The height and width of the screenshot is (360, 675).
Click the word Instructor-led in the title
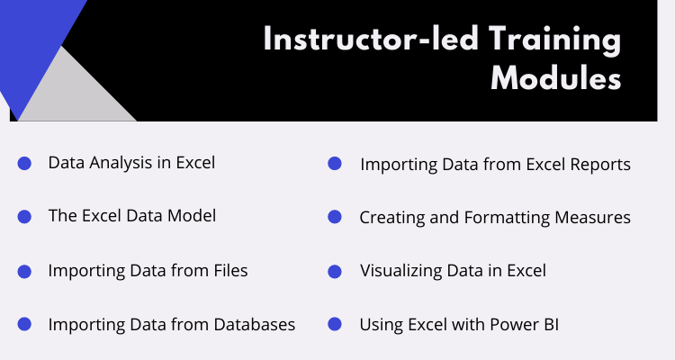coord(371,39)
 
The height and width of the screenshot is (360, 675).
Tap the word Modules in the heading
coord(556,78)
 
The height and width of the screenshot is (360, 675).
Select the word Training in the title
coord(555,40)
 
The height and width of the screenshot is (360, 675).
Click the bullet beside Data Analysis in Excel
coord(24,163)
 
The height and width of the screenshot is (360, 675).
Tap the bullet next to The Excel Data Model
coord(24,217)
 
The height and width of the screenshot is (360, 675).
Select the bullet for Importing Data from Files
coord(24,272)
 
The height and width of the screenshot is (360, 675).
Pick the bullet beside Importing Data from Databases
coord(24,324)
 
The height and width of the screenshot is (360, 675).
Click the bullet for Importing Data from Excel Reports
coord(335,163)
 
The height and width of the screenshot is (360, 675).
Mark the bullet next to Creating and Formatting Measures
coord(335,217)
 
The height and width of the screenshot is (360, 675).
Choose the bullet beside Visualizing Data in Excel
coord(335,272)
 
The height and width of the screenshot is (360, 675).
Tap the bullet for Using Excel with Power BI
coord(335,324)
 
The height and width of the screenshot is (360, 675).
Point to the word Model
coord(192,216)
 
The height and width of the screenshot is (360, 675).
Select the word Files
coord(230,270)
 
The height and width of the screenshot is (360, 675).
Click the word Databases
coord(255,324)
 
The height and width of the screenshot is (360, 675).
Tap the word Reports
coord(600,165)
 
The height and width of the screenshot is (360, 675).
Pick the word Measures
coord(593,218)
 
